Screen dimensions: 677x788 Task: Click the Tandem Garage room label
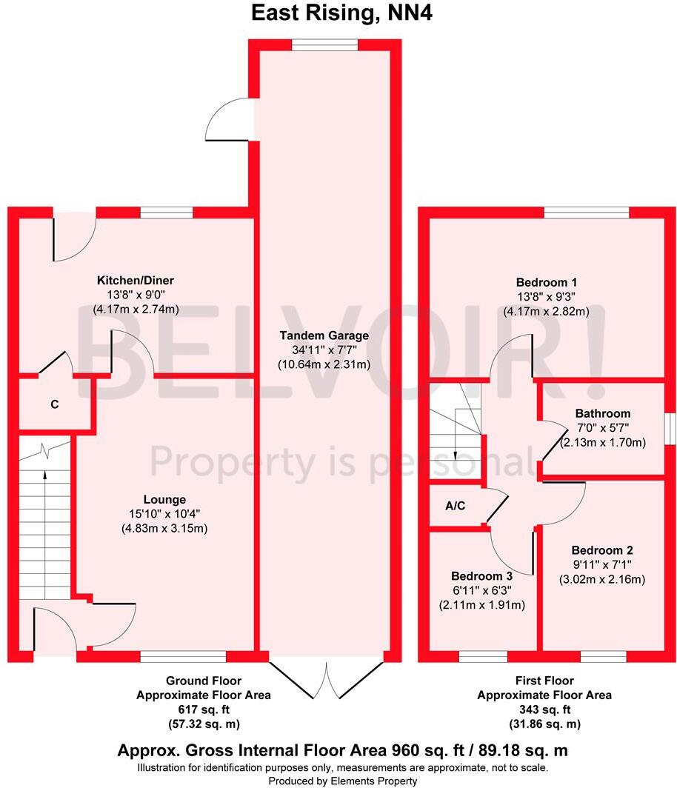324,335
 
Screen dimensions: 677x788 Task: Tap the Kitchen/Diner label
136,281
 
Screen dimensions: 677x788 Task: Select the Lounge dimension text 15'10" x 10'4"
164,514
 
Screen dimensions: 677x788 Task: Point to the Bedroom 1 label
547,282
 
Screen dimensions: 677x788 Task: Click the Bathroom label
603,413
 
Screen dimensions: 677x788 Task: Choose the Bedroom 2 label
602,550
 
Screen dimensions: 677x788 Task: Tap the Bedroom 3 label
481,576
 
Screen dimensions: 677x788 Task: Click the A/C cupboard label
456,506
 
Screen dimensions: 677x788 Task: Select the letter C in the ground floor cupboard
55,404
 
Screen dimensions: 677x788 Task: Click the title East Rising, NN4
341,13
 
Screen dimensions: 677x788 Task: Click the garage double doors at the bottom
327,680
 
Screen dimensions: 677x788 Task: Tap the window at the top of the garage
324,45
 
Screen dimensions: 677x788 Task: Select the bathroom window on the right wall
670,429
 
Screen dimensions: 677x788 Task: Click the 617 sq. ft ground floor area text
204,709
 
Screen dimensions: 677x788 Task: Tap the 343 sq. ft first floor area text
544,709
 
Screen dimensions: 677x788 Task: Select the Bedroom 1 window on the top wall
587,213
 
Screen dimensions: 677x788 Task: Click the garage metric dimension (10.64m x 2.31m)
324,364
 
